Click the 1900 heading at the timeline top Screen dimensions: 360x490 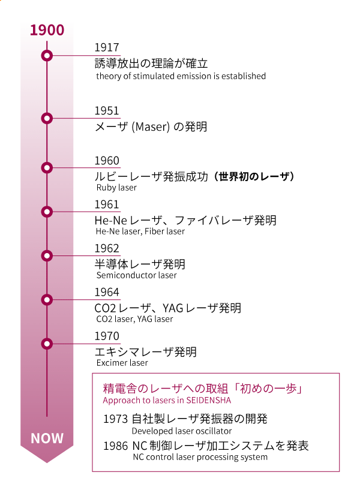(47, 30)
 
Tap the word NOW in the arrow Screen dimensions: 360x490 (47, 438)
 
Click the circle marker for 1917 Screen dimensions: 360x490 (47, 56)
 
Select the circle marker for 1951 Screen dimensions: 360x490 (47, 118)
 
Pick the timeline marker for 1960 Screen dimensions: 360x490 (47, 168)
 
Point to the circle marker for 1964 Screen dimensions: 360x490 (47, 300)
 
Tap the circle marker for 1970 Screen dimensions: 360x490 (47, 344)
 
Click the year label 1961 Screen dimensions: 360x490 (107, 205)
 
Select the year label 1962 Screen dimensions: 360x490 (107, 248)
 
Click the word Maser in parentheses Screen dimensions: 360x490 (151, 127)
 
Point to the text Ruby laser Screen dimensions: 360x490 (116, 188)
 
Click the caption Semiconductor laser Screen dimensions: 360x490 (137, 275)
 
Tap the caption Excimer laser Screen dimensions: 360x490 (122, 363)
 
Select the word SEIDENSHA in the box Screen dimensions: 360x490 (208, 400)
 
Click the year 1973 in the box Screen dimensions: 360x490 (116, 419)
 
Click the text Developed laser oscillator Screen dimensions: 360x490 (182, 431)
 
